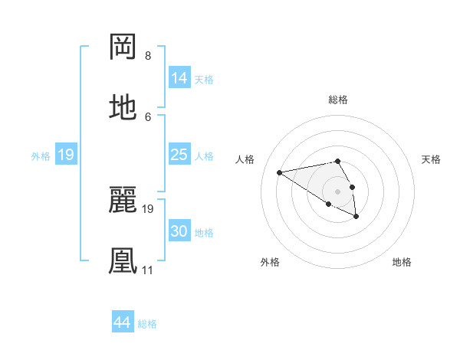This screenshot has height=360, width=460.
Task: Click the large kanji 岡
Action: point(123,47)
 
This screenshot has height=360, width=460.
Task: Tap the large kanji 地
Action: point(123,107)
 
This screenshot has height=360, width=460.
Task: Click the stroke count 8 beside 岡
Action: point(147,56)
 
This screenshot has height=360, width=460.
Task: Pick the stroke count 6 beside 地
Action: point(147,116)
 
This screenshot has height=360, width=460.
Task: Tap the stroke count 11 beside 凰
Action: point(147,270)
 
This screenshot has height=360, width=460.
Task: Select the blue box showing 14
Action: point(179,78)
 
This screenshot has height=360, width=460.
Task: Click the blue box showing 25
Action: point(179,155)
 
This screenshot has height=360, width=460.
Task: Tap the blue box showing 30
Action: point(179,231)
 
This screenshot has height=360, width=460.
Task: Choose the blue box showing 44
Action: point(122,323)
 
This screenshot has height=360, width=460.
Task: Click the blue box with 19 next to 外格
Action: point(65,155)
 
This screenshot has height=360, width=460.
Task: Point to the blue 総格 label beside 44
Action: point(148,324)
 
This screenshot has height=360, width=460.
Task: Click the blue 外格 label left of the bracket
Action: point(41,155)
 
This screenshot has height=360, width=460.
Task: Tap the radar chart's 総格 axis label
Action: point(338,100)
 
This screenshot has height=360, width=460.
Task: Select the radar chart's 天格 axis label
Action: point(432,159)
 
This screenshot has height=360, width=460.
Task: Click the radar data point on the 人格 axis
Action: point(280,172)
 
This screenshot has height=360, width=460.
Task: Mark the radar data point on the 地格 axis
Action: point(356,217)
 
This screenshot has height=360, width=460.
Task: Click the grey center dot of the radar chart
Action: point(338,191)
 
